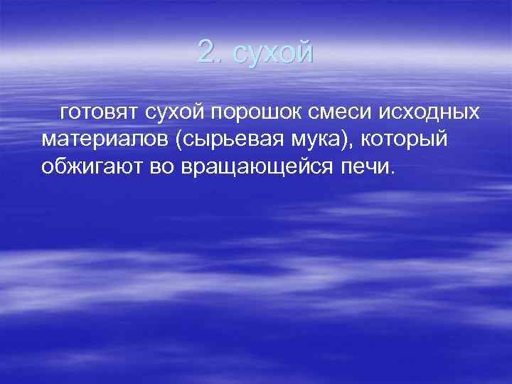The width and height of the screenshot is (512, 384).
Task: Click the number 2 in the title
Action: [x=206, y=52]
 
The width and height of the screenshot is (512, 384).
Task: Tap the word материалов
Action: [x=102, y=140]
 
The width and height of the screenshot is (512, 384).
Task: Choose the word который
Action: [x=405, y=140]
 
